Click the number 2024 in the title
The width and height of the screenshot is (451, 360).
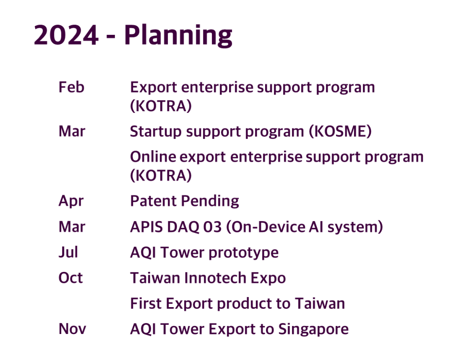point(66,35)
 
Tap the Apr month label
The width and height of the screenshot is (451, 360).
point(71,201)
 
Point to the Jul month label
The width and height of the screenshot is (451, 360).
point(68,252)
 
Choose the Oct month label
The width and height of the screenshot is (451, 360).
point(70,278)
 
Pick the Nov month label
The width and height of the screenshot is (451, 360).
point(72,329)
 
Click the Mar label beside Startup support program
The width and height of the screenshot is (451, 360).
point(72,131)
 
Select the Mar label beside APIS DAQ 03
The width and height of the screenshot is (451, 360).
point(72,227)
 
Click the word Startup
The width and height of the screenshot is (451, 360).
point(155,132)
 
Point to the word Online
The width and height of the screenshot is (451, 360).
point(153,157)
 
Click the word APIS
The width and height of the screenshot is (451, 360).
point(146,227)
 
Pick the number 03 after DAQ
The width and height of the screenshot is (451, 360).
point(213,227)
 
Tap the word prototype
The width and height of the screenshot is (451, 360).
point(244,253)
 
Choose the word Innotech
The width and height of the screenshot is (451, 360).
point(215,278)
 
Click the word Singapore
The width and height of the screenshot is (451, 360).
point(314,330)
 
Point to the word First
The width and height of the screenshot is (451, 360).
point(146,303)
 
